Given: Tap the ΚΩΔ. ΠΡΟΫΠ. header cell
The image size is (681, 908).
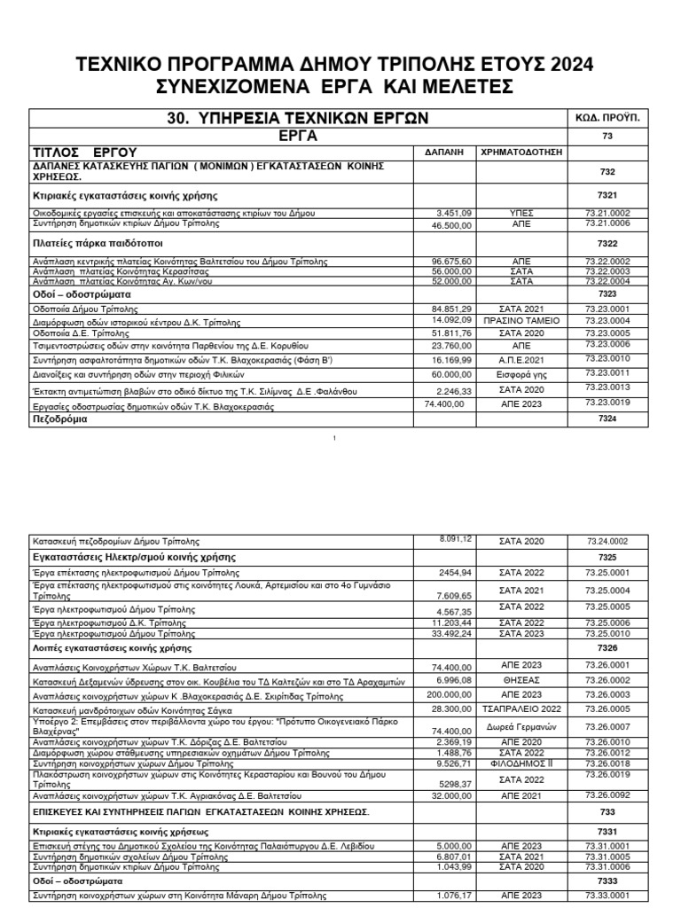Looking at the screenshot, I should click(x=607, y=117).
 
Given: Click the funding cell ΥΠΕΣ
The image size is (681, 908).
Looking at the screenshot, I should click(x=521, y=214).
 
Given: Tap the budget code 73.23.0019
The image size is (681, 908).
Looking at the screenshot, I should click(x=607, y=403).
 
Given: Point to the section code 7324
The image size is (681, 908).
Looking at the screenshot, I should click(x=607, y=418).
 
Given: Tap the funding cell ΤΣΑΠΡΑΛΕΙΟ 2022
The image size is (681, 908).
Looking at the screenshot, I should click(x=521, y=709).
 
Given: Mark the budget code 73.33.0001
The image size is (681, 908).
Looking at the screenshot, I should click(x=607, y=896).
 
